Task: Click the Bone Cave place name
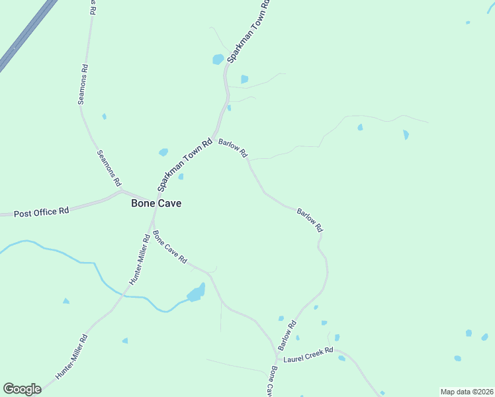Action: coord(156,204)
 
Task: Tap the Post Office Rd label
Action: coord(42,212)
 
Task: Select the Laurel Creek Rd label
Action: coord(308,358)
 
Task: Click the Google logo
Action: coord(22,389)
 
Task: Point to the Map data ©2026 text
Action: coord(467,392)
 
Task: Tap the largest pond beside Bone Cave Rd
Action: coord(197,292)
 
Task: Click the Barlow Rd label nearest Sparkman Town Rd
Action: coord(233,148)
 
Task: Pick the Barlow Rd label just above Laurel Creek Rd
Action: coord(287,335)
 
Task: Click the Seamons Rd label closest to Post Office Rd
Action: coord(109,168)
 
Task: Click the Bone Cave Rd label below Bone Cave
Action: coord(169,247)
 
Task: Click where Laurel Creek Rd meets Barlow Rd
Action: coord(277,356)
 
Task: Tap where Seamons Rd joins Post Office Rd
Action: coord(121,192)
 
